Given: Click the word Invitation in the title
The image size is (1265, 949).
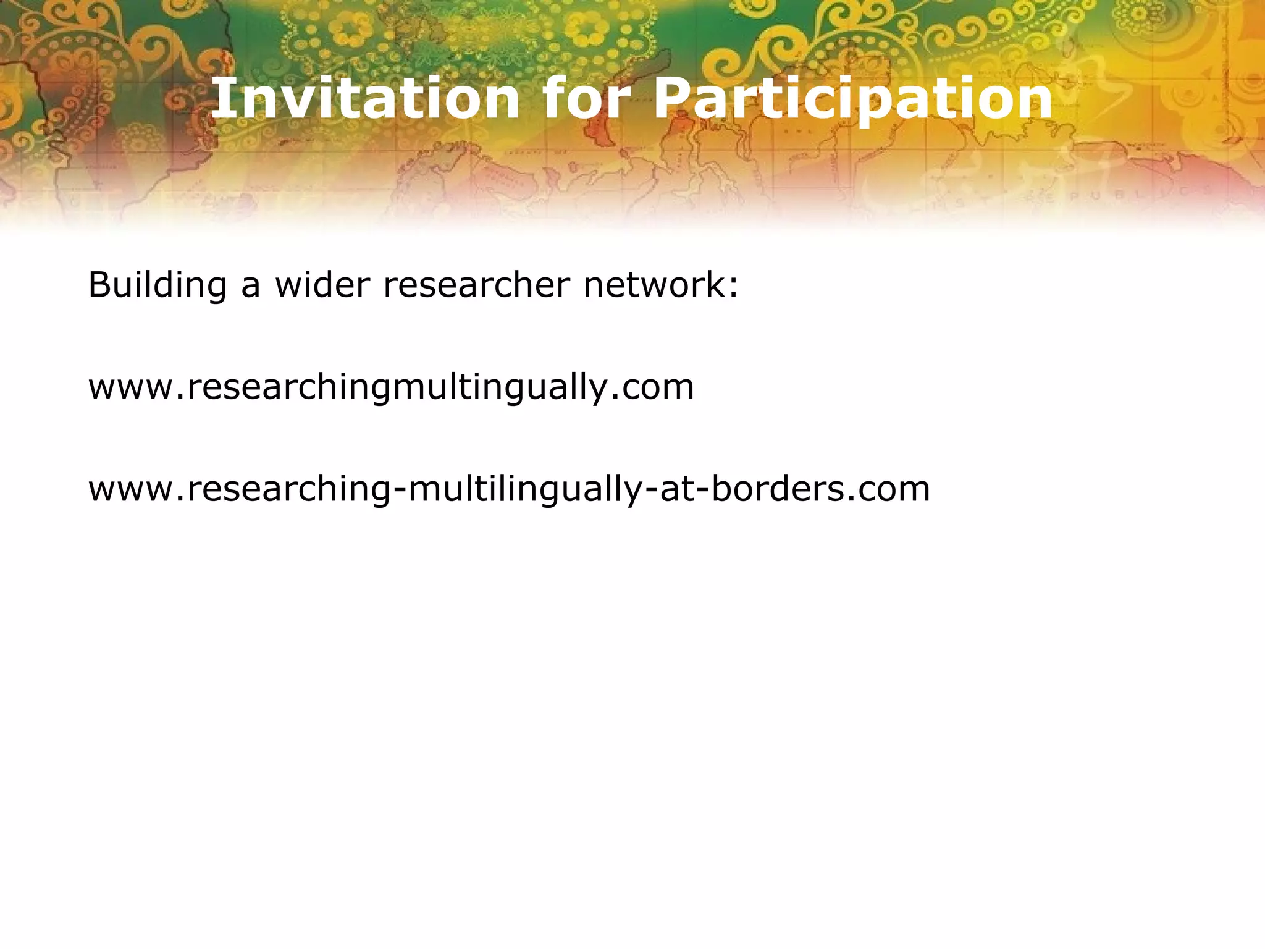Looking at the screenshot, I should click(x=365, y=99).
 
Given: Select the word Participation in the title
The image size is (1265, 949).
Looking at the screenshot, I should click(x=853, y=99).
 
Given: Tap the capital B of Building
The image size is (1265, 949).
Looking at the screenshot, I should click(x=99, y=285).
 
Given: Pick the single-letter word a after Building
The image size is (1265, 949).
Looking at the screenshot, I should click(x=250, y=288).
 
